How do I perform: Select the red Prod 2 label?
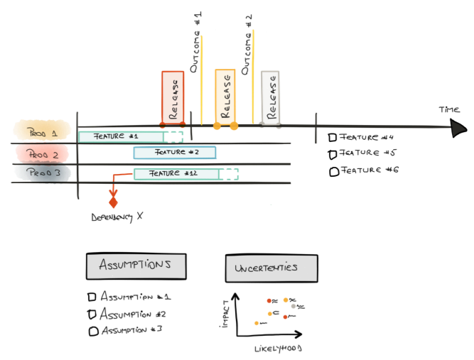[42, 153]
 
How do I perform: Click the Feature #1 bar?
[121, 136]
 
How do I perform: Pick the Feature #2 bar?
[175, 153]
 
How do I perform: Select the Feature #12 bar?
[176, 174]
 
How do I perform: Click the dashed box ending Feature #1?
[175, 137]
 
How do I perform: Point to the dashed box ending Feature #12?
[230, 174]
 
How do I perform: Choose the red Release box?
[173, 97]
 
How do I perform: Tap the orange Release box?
[225, 97]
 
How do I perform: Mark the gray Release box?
[270, 97]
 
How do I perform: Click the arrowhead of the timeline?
[458, 128]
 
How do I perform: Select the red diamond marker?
[114, 203]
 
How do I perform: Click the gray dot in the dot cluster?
[293, 306]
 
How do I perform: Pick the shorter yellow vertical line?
[202, 78]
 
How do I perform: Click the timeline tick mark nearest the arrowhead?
[316, 128]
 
